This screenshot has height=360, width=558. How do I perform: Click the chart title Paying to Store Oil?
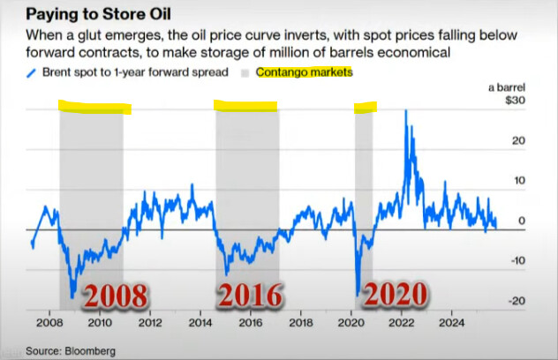tap(94, 15)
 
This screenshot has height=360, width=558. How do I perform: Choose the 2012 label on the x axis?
tap(150, 323)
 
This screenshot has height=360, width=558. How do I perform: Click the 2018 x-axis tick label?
tap(301, 323)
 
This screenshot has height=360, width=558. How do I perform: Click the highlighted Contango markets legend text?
tap(304, 72)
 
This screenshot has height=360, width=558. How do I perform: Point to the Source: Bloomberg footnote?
tap(72, 350)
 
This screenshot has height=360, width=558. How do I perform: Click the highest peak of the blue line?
tap(406, 110)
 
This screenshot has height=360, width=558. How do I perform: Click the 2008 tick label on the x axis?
tap(49, 323)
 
